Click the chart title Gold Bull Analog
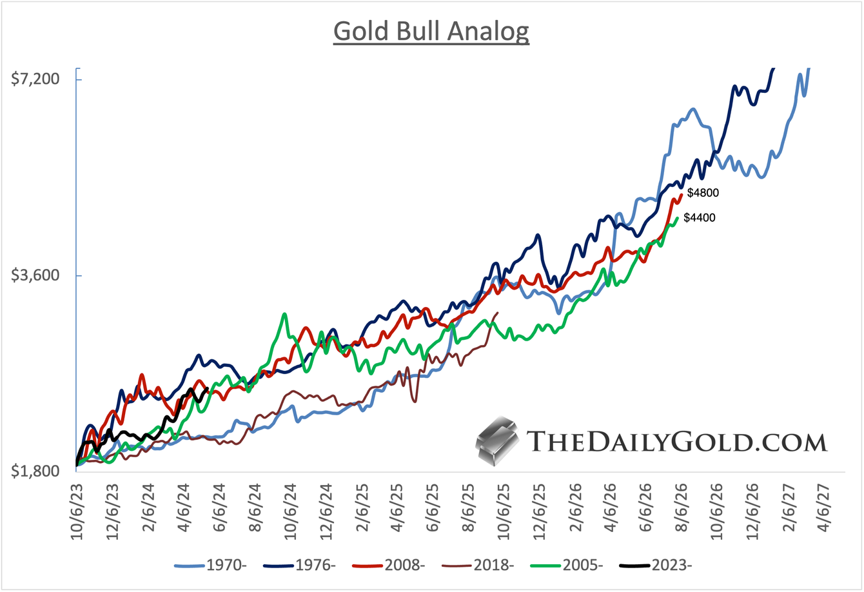431,31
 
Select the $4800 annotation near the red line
703,192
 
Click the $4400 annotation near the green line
700,218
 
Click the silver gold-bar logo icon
496,442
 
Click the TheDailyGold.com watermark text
676,442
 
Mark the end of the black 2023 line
206,388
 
